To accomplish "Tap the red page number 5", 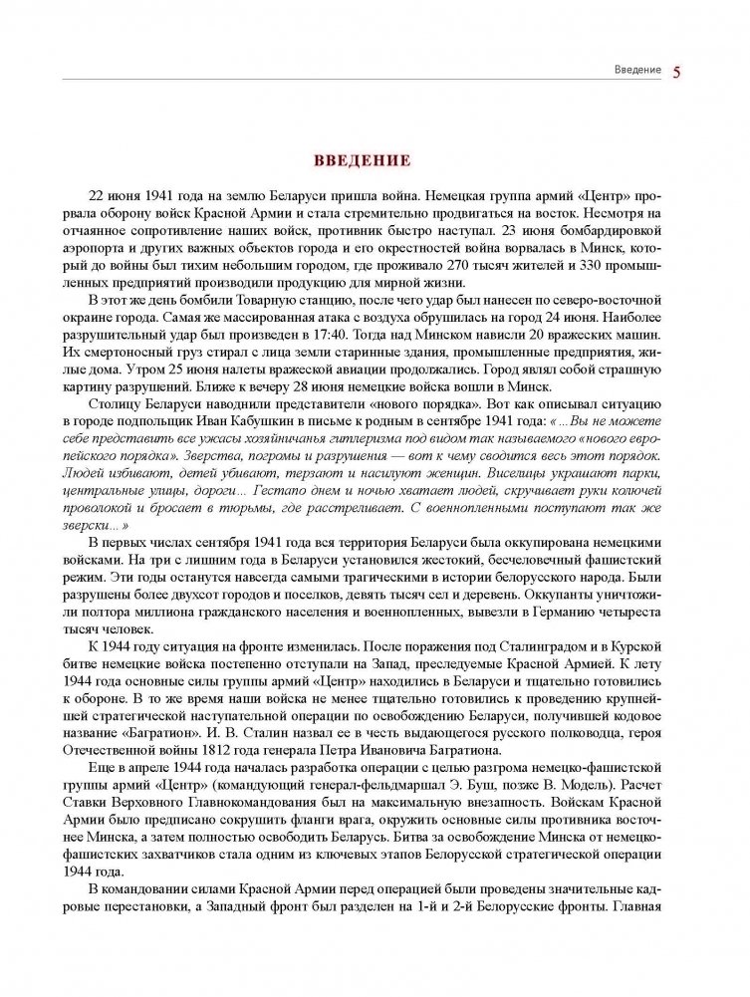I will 677,72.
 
